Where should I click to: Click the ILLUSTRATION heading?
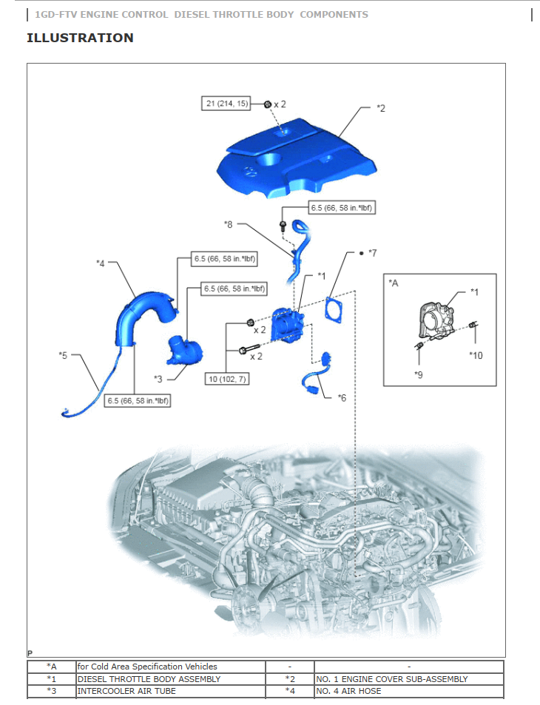[x=80, y=38]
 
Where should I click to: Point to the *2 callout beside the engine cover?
[x=380, y=109]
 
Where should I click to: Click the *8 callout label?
[x=229, y=223]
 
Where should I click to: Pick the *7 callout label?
[x=372, y=253]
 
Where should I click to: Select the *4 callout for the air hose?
[x=101, y=263]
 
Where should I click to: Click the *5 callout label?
[x=63, y=356]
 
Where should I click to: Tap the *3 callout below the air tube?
[x=158, y=379]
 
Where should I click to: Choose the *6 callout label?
[x=342, y=398]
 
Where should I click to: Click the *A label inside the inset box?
[x=394, y=282]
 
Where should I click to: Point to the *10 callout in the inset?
[x=476, y=355]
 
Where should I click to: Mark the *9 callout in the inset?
[x=419, y=374]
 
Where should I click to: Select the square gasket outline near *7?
[x=336, y=308]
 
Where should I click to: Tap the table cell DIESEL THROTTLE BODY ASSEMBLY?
[x=149, y=678]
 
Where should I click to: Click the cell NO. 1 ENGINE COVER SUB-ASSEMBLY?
[x=391, y=678]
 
